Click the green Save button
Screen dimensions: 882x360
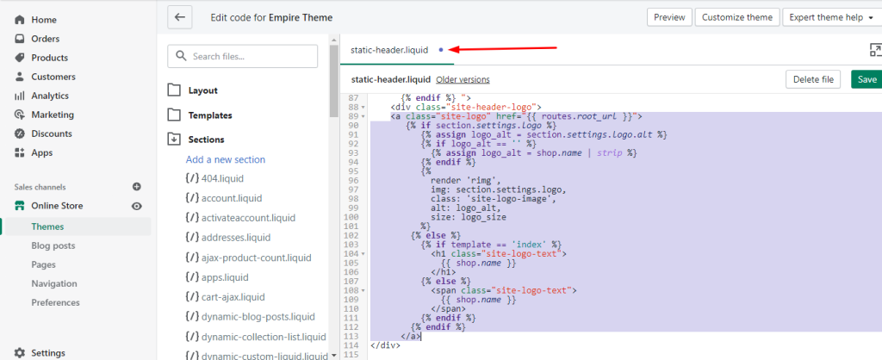(866, 79)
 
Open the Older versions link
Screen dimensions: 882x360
(463, 80)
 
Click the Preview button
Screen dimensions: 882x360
(669, 17)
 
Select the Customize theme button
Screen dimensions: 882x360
(737, 17)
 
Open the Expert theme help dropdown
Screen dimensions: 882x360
(831, 17)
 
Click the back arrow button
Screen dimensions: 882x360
(180, 17)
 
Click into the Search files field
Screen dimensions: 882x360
(242, 56)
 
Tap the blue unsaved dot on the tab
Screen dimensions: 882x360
(441, 50)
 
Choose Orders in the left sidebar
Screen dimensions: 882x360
(45, 39)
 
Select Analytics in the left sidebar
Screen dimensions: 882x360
(50, 96)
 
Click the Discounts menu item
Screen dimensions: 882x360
(52, 133)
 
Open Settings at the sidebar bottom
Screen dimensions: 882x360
(48, 353)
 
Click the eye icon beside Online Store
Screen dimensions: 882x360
(137, 207)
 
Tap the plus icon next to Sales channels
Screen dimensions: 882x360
(137, 187)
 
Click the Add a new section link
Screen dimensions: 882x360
(226, 159)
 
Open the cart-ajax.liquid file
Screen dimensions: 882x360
(225, 296)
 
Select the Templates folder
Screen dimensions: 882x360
(210, 115)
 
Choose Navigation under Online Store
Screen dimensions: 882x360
(54, 283)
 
